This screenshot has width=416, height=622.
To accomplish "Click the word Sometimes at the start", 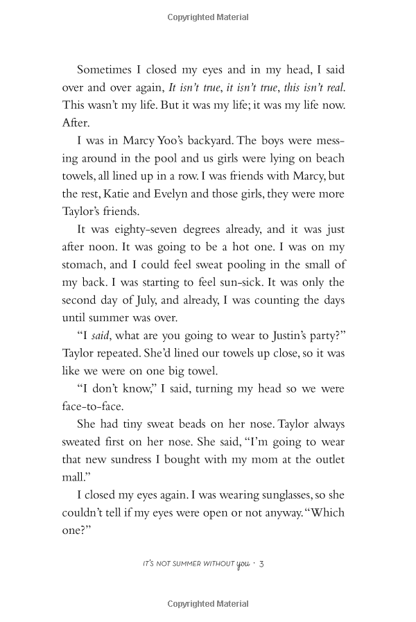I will [106, 69].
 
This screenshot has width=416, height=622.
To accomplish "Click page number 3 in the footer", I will [261, 564].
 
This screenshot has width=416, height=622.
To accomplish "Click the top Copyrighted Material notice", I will [208, 17].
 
